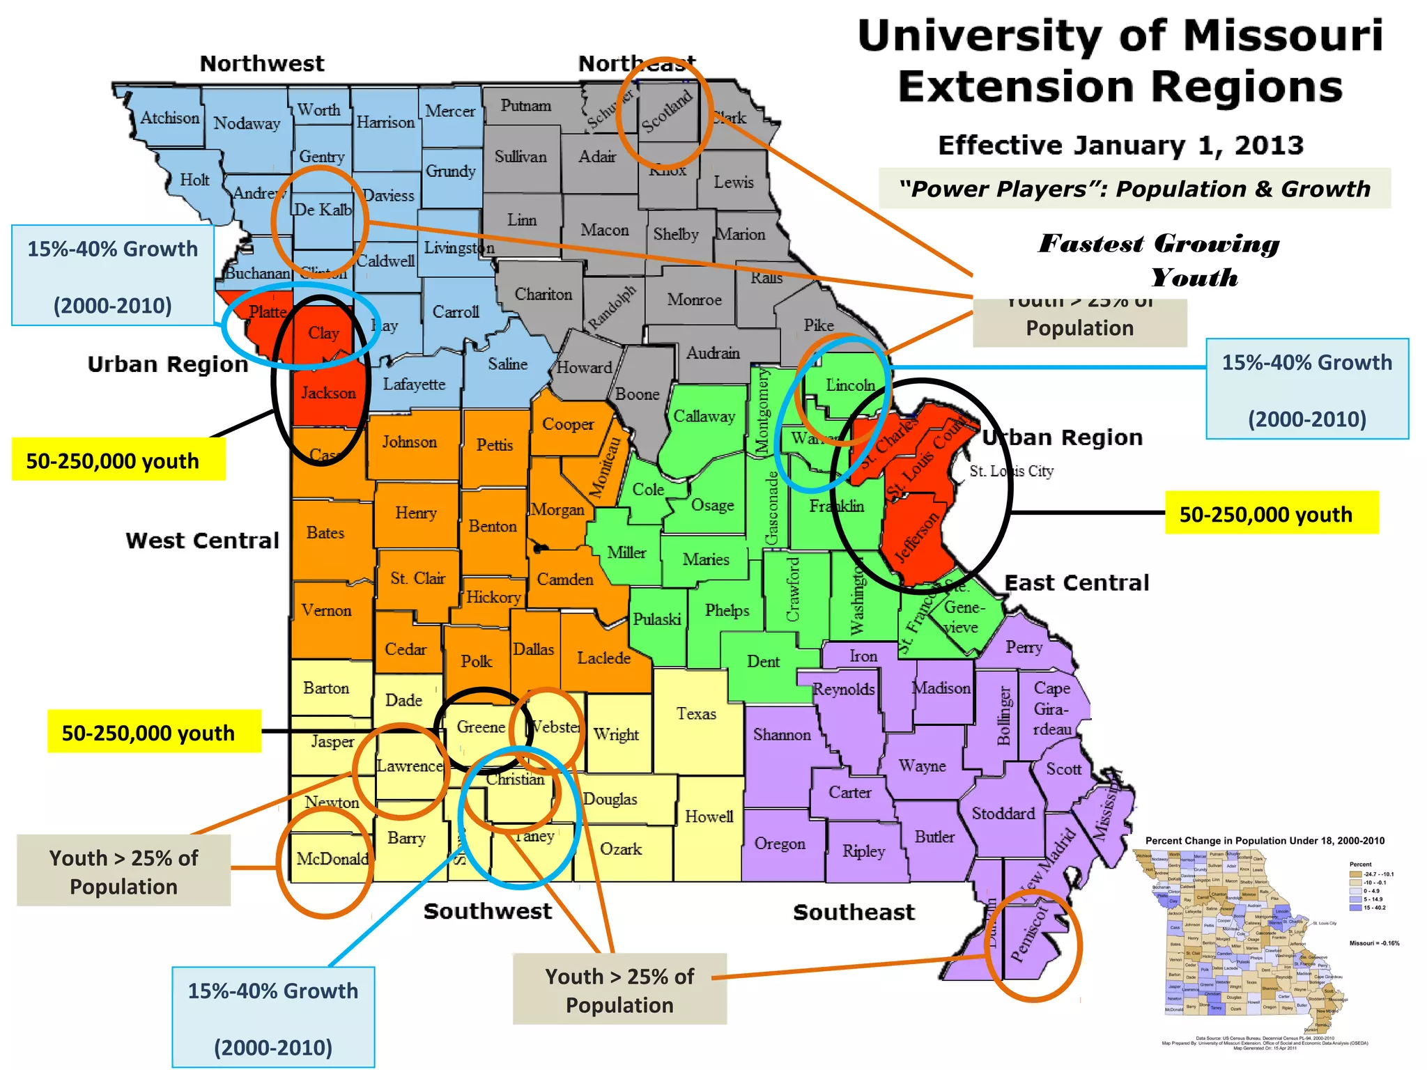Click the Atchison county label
[x=170, y=118]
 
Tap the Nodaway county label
[x=247, y=123]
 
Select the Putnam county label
[x=525, y=106]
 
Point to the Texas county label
[x=696, y=713]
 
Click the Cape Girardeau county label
[x=1052, y=708]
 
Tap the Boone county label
[x=637, y=394]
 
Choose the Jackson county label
[x=328, y=393]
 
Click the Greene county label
[x=481, y=727]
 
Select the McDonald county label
[x=332, y=859]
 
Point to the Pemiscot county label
[x=1029, y=933]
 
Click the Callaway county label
[x=704, y=417]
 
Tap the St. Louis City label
[x=1012, y=471]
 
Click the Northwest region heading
[x=262, y=63]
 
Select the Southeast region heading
[x=854, y=912]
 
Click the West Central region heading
[x=202, y=541]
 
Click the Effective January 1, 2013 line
[x=1120, y=145]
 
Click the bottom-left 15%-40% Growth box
[x=273, y=1017]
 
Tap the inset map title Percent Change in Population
[x=1265, y=841]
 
